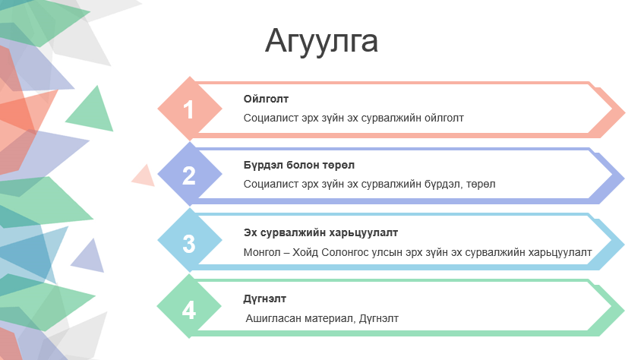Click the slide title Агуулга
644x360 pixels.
point(321,42)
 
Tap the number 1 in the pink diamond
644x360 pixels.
point(188,109)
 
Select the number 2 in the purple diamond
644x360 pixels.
point(188,175)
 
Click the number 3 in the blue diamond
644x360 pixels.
point(189,244)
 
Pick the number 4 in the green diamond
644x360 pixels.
point(189,311)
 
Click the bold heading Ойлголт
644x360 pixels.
point(266,99)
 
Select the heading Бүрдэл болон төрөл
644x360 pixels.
point(299,166)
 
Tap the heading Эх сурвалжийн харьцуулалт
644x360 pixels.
point(320,233)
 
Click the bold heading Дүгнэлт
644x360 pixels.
point(264,298)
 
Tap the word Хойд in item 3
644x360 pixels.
point(305,252)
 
